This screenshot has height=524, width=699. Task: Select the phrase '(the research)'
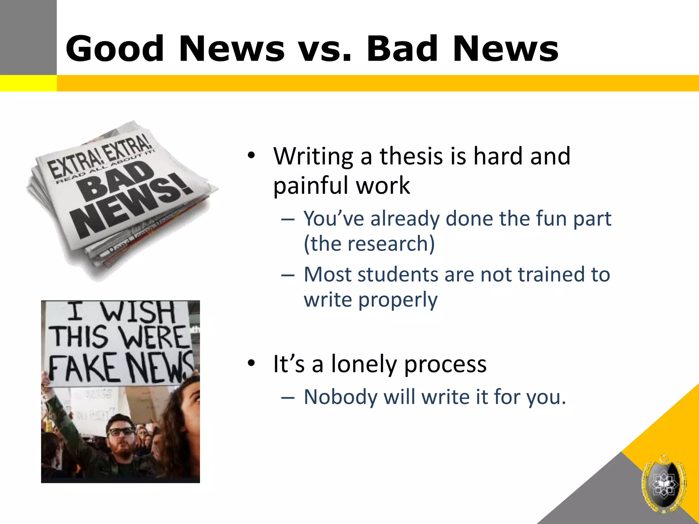click(x=369, y=244)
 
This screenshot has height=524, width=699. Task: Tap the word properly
click(x=398, y=300)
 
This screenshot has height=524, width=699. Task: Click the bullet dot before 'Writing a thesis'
click(x=252, y=156)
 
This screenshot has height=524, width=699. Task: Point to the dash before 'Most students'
click(x=288, y=275)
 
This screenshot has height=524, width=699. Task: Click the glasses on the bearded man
click(x=121, y=432)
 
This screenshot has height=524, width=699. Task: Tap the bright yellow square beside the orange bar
click(x=28, y=83)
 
